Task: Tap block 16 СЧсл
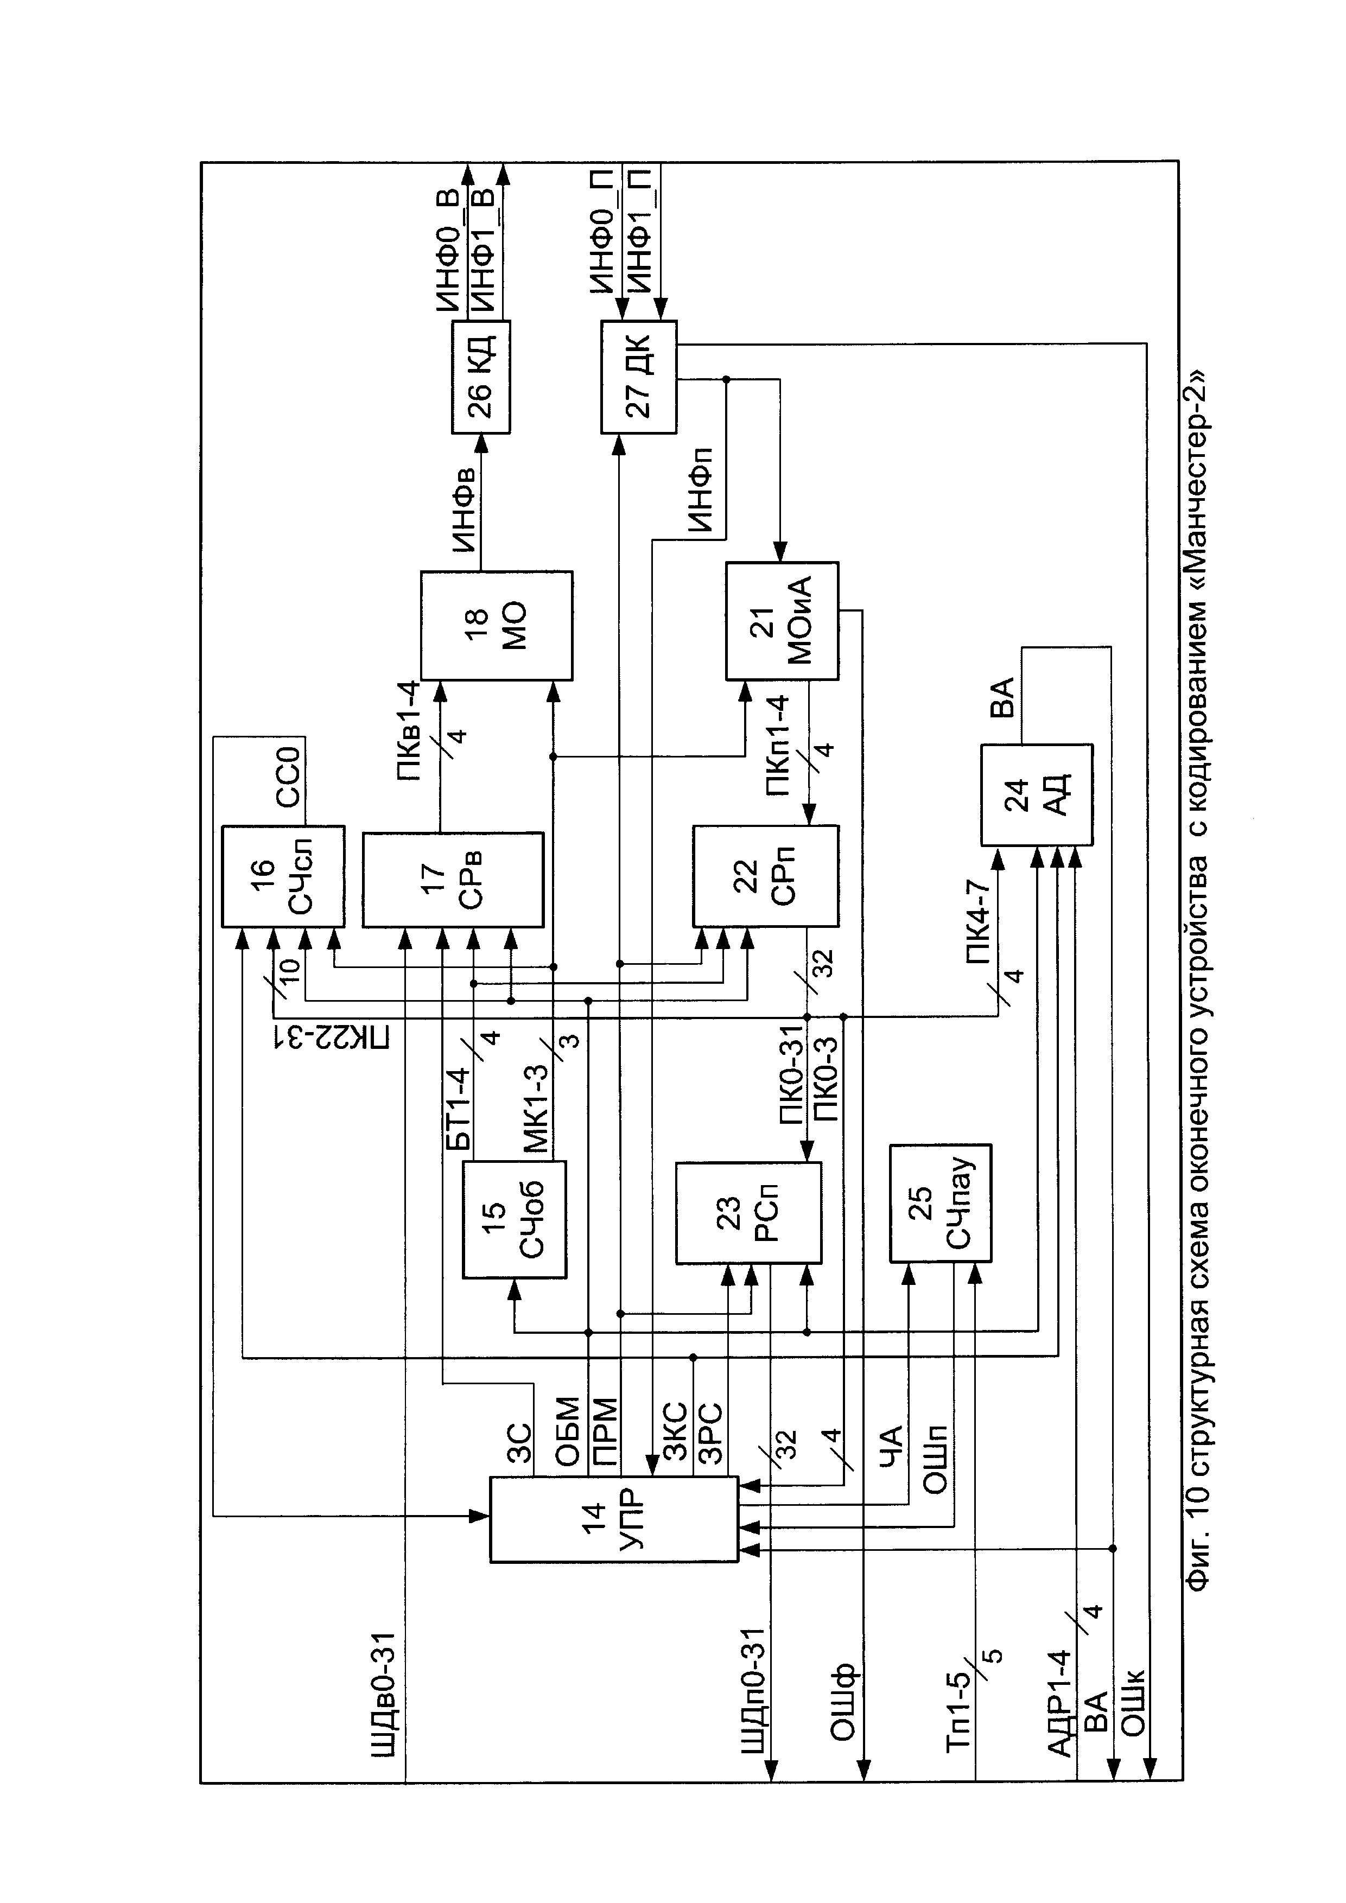283,876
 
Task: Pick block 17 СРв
453,880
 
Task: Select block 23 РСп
748,1213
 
